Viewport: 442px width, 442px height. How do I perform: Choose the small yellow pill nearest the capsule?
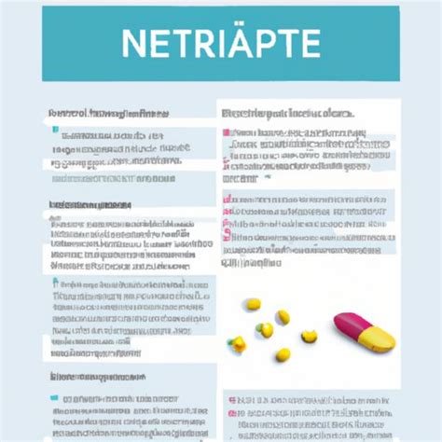[310, 336]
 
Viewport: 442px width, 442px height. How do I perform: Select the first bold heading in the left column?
[108, 114]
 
